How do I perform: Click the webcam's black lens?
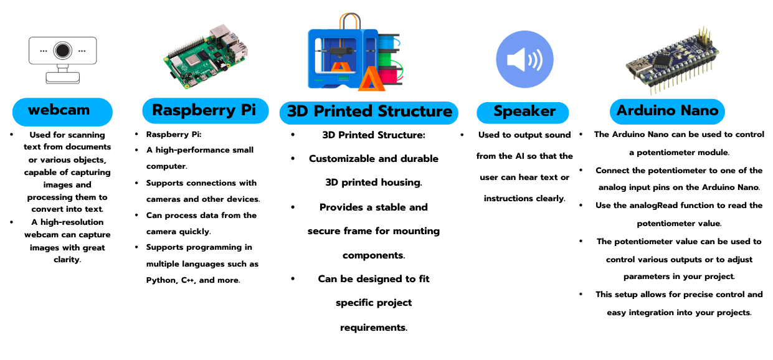pos(62,50)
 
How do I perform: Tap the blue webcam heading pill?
pos(62,111)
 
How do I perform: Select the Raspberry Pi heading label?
pos(206,110)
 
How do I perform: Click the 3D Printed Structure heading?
pos(369,113)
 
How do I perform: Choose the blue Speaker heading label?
pos(523,113)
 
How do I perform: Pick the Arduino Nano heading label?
pos(667,111)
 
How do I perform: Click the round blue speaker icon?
pos(524,59)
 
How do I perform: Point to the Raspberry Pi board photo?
pos(206,56)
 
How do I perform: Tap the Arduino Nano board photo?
pos(672,60)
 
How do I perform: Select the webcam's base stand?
pos(63,78)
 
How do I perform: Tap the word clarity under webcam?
pos(67,260)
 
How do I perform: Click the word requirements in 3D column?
pos(374,327)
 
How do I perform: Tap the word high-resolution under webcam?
pos(72,222)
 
